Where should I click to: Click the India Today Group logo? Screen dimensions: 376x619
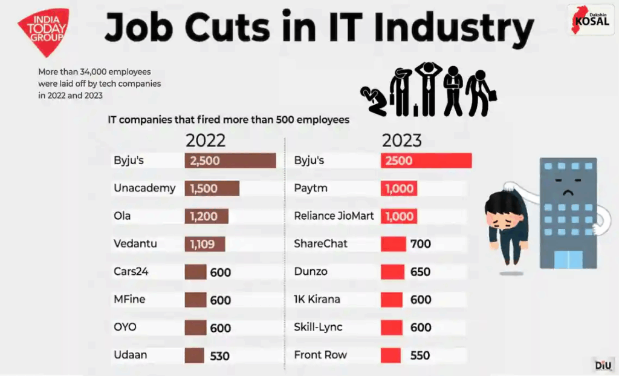(43, 32)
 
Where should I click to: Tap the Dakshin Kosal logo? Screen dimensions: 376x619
(590, 19)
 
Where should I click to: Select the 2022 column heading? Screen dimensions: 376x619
(206, 140)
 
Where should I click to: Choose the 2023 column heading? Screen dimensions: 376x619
(402, 140)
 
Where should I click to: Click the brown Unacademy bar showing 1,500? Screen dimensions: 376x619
(212, 188)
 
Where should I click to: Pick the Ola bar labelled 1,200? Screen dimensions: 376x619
(206, 216)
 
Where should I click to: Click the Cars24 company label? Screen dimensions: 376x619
(131, 271)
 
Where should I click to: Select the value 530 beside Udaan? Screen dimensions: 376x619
(219, 356)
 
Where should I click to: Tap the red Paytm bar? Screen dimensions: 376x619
(399, 188)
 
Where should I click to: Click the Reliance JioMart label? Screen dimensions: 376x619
(334, 216)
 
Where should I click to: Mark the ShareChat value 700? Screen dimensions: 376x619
(420, 244)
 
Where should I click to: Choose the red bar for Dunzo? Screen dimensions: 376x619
(392, 271)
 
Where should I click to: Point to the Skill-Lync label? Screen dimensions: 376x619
(318, 327)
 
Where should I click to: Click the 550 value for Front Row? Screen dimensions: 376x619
(420, 355)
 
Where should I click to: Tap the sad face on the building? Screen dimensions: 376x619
(568, 192)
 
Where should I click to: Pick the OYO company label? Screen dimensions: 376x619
(125, 327)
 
